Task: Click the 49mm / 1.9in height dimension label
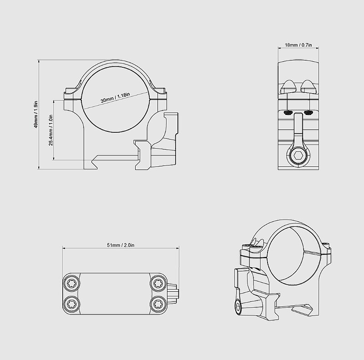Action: click(36, 115)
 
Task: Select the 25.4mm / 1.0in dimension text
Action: click(51, 130)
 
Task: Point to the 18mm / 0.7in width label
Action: click(298, 45)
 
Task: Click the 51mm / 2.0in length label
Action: click(121, 245)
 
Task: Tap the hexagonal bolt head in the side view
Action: click(298, 156)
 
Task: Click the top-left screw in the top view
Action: click(71, 283)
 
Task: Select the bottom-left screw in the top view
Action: click(71, 304)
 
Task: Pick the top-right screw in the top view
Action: click(158, 283)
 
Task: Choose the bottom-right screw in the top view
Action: click(158, 304)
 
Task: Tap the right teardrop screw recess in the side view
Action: click(308, 86)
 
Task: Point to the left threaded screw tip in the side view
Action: click(288, 113)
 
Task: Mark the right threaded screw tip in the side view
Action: click(308, 113)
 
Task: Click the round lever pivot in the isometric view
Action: click(238, 307)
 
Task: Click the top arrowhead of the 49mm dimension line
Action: click(39, 61)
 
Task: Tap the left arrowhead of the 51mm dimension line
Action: click(64, 248)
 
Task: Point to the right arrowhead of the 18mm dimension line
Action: click(317, 48)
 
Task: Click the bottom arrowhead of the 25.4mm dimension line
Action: click(54, 158)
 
